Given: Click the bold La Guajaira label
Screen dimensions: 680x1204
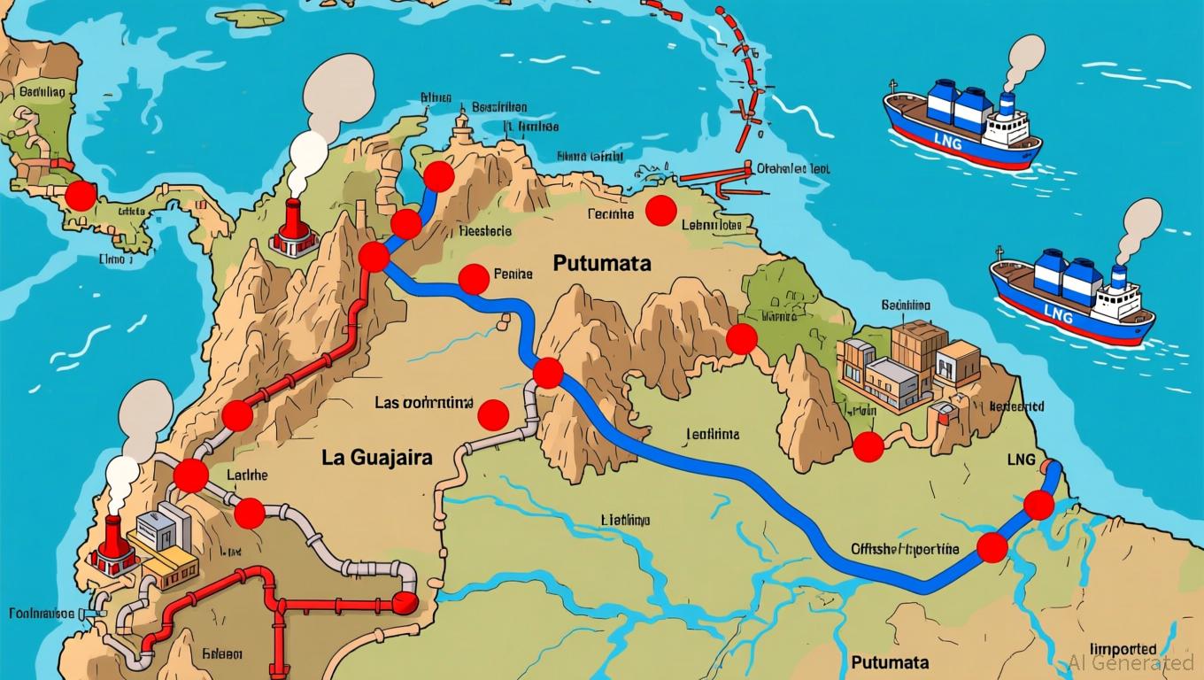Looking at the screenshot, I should pyautogui.click(x=377, y=458).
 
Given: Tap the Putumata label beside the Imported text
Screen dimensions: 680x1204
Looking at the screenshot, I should pyautogui.click(x=890, y=662).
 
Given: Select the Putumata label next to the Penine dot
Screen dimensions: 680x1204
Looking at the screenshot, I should pyautogui.click(x=602, y=263).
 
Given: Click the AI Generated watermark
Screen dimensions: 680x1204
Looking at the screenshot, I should pyautogui.click(x=1131, y=662).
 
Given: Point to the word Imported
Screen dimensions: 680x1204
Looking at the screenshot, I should pyautogui.click(x=1123, y=648).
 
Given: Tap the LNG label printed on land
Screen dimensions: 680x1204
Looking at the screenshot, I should pyautogui.click(x=1020, y=460).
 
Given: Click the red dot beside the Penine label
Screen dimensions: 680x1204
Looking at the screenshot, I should pyautogui.click(x=474, y=279).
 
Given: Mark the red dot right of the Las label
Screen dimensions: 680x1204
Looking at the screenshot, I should pyautogui.click(x=492, y=414).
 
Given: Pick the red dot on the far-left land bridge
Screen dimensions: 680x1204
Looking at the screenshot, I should pyautogui.click(x=81, y=196).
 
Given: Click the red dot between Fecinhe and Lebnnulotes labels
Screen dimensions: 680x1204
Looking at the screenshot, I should pyautogui.click(x=660, y=211).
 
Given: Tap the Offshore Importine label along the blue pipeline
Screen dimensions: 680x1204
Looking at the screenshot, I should pyautogui.click(x=904, y=549).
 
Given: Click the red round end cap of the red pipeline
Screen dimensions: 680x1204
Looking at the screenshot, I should pyautogui.click(x=405, y=603).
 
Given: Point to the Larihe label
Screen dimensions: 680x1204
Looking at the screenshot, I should pyautogui.click(x=247, y=475).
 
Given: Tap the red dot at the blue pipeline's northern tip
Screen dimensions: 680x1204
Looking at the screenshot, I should pyautogui.click(x=438, y=177).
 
